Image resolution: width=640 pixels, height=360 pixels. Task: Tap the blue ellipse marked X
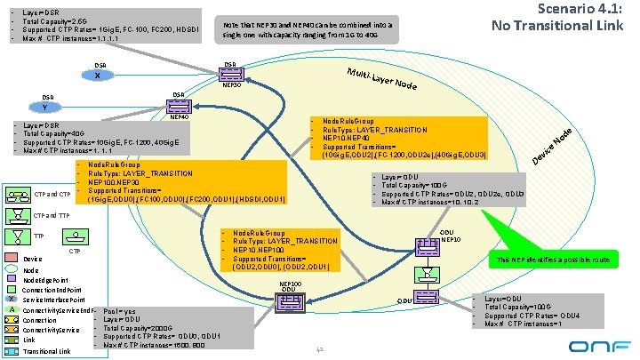97,76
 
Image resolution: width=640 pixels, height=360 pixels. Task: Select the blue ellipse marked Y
45,108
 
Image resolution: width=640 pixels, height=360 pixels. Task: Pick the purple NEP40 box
177,106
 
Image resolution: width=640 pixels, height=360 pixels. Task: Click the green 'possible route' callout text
551,260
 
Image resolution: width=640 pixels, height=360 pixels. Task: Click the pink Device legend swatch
14,259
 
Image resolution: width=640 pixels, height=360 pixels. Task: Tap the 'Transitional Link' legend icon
14,351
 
